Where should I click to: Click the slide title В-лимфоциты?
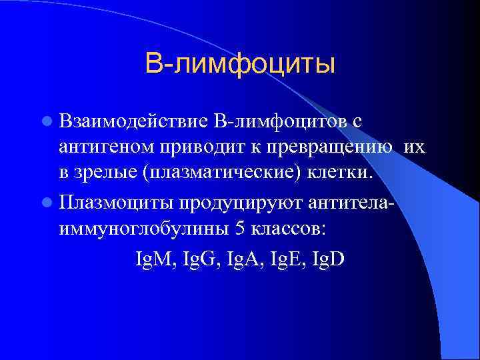coord(239,65)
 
